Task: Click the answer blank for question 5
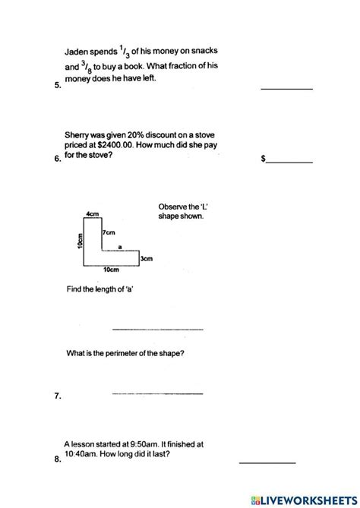point(286,88)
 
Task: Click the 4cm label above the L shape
point(94,214)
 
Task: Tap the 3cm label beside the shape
point(147,259)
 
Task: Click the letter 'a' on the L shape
point(120,246)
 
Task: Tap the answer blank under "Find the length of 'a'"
point(158,329)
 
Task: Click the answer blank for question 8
point(267,462)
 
